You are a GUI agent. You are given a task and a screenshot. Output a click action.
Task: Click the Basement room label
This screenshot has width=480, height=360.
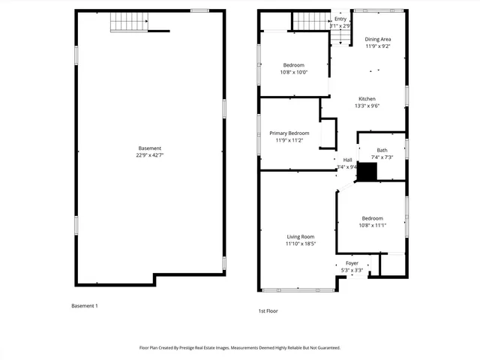coord(149,148)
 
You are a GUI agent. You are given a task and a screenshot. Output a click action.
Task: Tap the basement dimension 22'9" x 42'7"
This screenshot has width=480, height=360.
coord(149,155)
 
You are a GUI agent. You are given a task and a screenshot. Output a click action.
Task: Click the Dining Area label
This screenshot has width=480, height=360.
coord(378,39)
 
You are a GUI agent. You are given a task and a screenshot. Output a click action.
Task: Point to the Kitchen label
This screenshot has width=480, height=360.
coord(367,99)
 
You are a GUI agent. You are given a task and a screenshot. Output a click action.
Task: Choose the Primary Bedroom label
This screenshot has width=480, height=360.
coord(289,133)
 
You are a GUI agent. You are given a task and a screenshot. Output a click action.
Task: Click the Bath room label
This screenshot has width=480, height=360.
coord(382,150)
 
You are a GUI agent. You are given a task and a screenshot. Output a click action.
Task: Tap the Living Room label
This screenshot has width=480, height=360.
coord(300,236)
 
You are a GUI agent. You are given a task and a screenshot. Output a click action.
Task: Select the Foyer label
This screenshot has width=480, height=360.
coord(352,263)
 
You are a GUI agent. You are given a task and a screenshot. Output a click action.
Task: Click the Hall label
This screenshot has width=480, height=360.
coord(347,160)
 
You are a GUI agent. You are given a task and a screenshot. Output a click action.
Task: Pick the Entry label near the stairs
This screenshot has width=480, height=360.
coord(340,19)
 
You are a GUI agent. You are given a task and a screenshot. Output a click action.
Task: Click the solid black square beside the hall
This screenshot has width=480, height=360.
coord(366,172)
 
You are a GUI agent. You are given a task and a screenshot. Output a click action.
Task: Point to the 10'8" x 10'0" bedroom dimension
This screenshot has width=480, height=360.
coord(294,73)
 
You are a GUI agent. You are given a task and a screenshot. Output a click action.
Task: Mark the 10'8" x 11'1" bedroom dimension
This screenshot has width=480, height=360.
coord(372,226)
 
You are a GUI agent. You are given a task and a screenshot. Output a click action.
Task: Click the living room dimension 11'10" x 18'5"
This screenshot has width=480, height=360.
coord(300,243)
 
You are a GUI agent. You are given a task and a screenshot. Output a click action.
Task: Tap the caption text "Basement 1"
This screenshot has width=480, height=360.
coord(85,306)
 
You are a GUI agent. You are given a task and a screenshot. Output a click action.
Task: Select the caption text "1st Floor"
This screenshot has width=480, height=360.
coord(268,310)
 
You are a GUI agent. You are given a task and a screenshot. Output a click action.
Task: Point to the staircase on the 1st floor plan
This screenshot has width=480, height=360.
coord(310,21)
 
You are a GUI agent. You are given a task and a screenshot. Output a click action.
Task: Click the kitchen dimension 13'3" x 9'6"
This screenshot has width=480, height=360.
coord(367,106)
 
